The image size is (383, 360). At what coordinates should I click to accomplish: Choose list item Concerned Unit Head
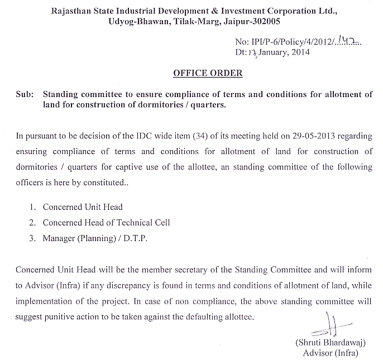pos(82,208)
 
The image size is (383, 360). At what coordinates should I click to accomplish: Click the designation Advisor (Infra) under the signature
pos(330,353)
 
